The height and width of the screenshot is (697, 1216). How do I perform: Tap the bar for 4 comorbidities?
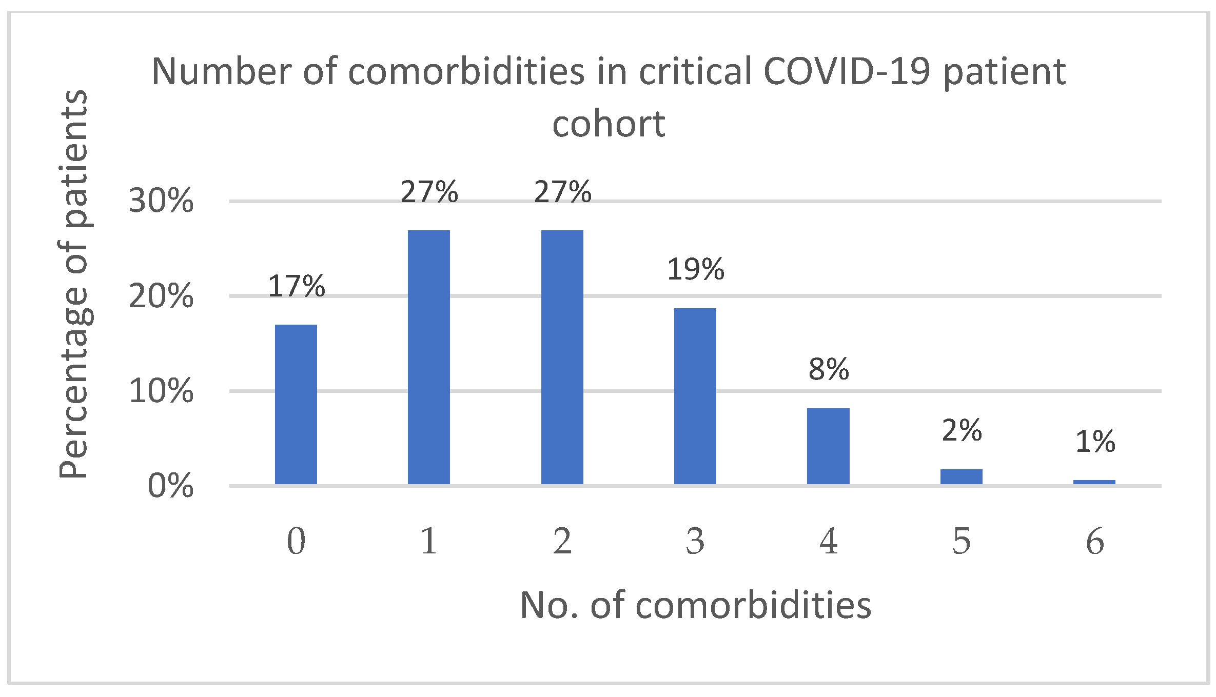pyautogui.click(x=828, y=446)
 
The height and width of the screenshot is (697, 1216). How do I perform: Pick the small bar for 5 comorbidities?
pyautogui.click(x=961, y=476)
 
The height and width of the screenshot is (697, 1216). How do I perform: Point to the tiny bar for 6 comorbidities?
pyautogui.click(x=1094, y=482)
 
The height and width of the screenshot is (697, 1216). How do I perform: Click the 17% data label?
pyautogui.click(x=296, y=286)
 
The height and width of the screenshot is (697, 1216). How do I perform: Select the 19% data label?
pyautogui.click(x=695, y=269)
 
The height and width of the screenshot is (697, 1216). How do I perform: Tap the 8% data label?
pyautogui.click(x=828, y=369)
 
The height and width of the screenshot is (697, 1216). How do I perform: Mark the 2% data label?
pyautogui.click(x=961, y=430)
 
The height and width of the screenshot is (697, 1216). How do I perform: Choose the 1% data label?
pyautogui.click(x=1094, y=442)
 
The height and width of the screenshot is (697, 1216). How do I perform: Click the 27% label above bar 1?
pyautogui.click(x=429, y=192)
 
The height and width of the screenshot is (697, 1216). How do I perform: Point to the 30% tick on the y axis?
pyautogui.click(x=161, y=201)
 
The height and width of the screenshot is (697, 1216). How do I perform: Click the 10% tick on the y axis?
pyautogui.click(x=161, y=391)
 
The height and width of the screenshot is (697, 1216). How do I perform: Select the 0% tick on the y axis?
pyautogui.click(x=170, y=486)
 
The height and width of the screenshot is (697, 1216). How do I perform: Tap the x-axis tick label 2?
pyautogui.click(x=562, y=542)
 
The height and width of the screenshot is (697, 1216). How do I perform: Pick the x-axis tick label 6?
pyautogui.click(x=1094, y=542)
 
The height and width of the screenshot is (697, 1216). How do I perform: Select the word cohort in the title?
pyautogui.click(x=609, y=124)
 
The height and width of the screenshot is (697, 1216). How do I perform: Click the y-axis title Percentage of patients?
pyautogui.click(x=73, y=285)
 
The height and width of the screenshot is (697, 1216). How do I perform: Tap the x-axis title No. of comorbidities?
pyautogui.click(x=695, y=606)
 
